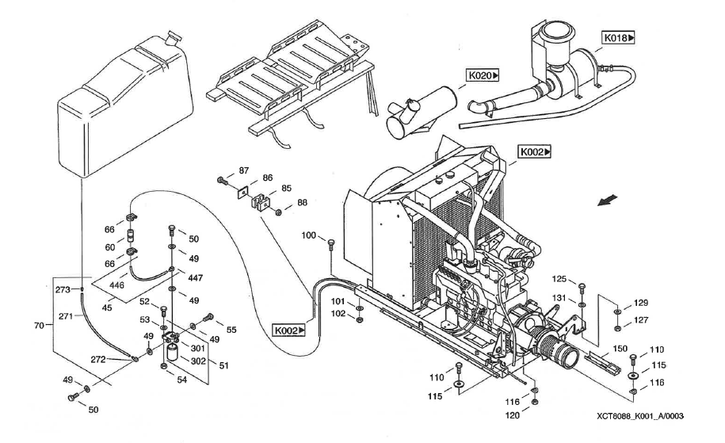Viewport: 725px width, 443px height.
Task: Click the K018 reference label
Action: point(620,37)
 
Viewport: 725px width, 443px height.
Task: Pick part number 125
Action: point(560,279)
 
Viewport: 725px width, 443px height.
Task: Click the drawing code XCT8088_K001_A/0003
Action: point(640,416)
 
